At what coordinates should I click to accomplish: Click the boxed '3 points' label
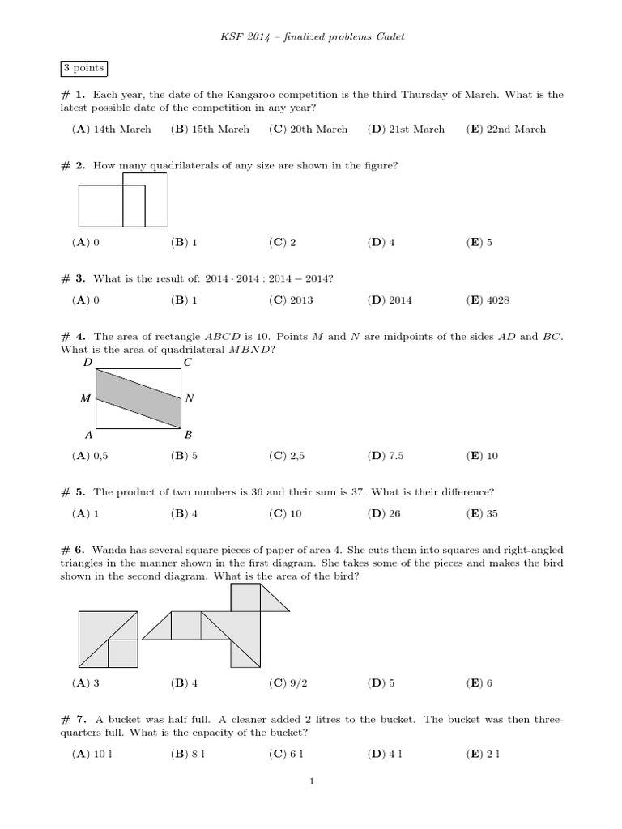tap(83, 69)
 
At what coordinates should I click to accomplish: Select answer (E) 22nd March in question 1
tap(506, 130)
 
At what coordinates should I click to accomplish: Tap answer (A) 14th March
tap(111, 130)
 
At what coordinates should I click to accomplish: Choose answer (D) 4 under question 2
tap(381, 242)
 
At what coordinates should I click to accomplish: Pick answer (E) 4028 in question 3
tap(488, 300)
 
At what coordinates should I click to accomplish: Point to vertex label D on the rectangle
tap(88, 363)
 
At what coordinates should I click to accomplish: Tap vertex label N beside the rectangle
tap(190, 398)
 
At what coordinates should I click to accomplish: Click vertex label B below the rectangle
tap(188, 435)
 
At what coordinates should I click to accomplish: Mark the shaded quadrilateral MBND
tap(138, 397)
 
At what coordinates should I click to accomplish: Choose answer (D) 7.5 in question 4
tap(386, 456)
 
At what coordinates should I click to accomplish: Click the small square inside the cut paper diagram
tap(121, 653)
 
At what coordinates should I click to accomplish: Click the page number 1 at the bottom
tap(311, 781)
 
